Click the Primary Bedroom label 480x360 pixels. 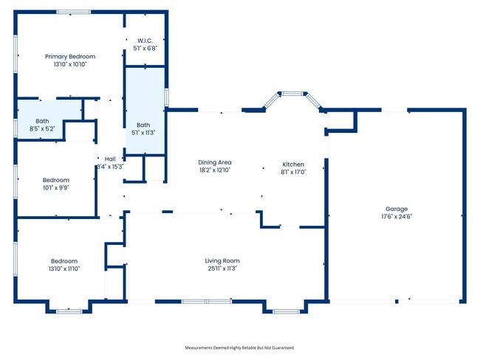pos(70,56)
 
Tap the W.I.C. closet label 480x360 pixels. pos(145,41)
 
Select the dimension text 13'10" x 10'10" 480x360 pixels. pos(70,64)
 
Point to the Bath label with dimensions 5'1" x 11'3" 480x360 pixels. pos(145,125)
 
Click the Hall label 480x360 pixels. pos(110,159)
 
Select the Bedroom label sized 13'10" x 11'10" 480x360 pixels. pos(65,260)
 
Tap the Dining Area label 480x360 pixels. pos(215,162)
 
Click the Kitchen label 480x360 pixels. pos(293,164)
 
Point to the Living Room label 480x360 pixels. pos(222,260)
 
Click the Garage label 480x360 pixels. pos(397,209)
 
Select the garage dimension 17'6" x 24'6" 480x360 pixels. pos(397,217)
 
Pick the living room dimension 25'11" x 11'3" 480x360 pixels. pos(222,269)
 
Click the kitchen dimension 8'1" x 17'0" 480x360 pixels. pos(293,172)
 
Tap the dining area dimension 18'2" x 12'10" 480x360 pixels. pos(215,170)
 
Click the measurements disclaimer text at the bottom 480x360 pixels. pos(244,347)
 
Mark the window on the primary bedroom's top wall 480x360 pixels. pos(74,12)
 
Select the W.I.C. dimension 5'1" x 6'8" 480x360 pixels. pos(145,49)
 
